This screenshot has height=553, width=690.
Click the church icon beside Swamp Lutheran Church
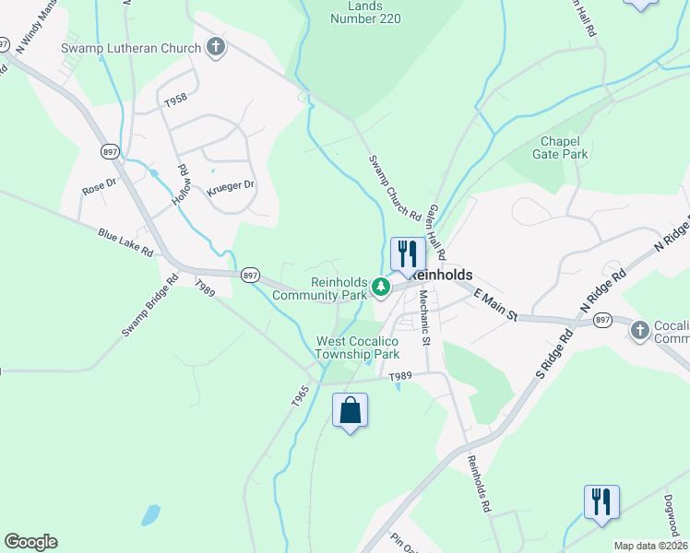216,47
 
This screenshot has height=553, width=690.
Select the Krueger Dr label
230,186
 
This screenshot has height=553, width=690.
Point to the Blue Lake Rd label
125,248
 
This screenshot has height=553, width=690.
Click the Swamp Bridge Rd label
149,305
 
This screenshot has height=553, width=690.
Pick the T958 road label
175,99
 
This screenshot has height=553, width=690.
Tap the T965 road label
299,394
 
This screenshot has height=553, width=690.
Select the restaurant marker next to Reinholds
407,253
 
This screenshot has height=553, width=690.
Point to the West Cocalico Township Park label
358,347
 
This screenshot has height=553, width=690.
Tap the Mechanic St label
424,318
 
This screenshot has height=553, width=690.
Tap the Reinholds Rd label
477,484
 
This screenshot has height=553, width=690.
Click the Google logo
30,542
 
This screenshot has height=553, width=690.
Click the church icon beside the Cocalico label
640,329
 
